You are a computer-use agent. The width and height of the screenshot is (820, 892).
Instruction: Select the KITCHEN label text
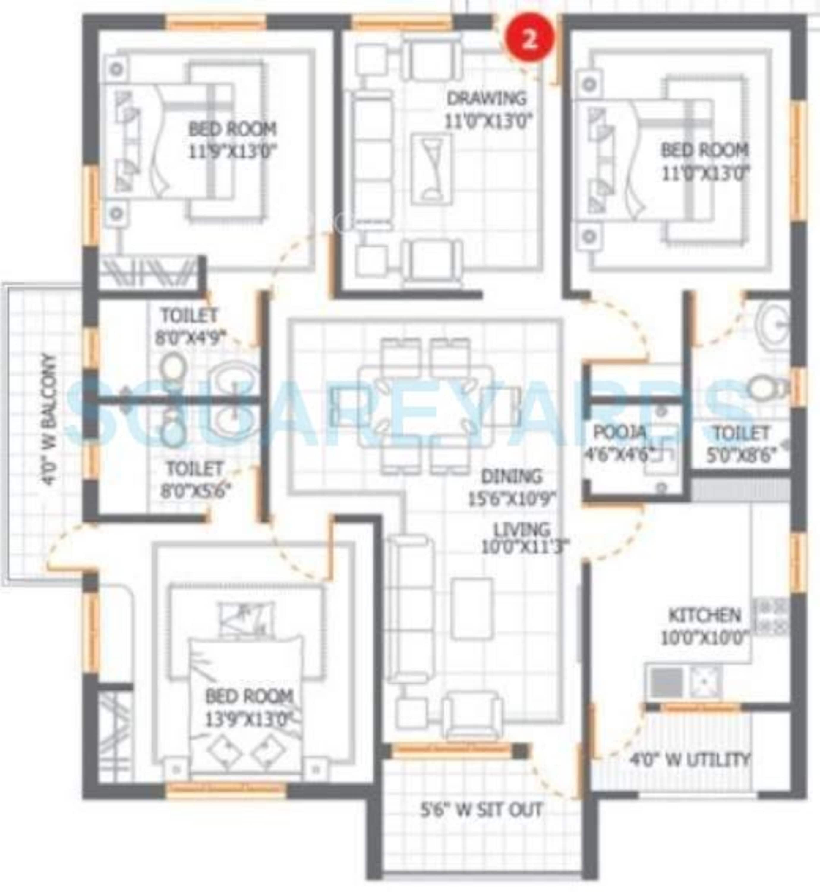coord(705,615)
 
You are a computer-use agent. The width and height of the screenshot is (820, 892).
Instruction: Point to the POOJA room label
coord(619,431)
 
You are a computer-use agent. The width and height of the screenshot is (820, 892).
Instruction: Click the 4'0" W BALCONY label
coord(50,420)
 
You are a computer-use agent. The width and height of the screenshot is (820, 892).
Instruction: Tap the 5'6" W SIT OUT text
coord(481,810)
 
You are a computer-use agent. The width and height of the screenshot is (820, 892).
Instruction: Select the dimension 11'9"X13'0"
coord(233,152)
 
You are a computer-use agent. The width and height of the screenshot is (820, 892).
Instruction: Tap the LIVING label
coord(521,530)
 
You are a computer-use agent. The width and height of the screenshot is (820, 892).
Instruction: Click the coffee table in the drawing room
coord(432,169)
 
